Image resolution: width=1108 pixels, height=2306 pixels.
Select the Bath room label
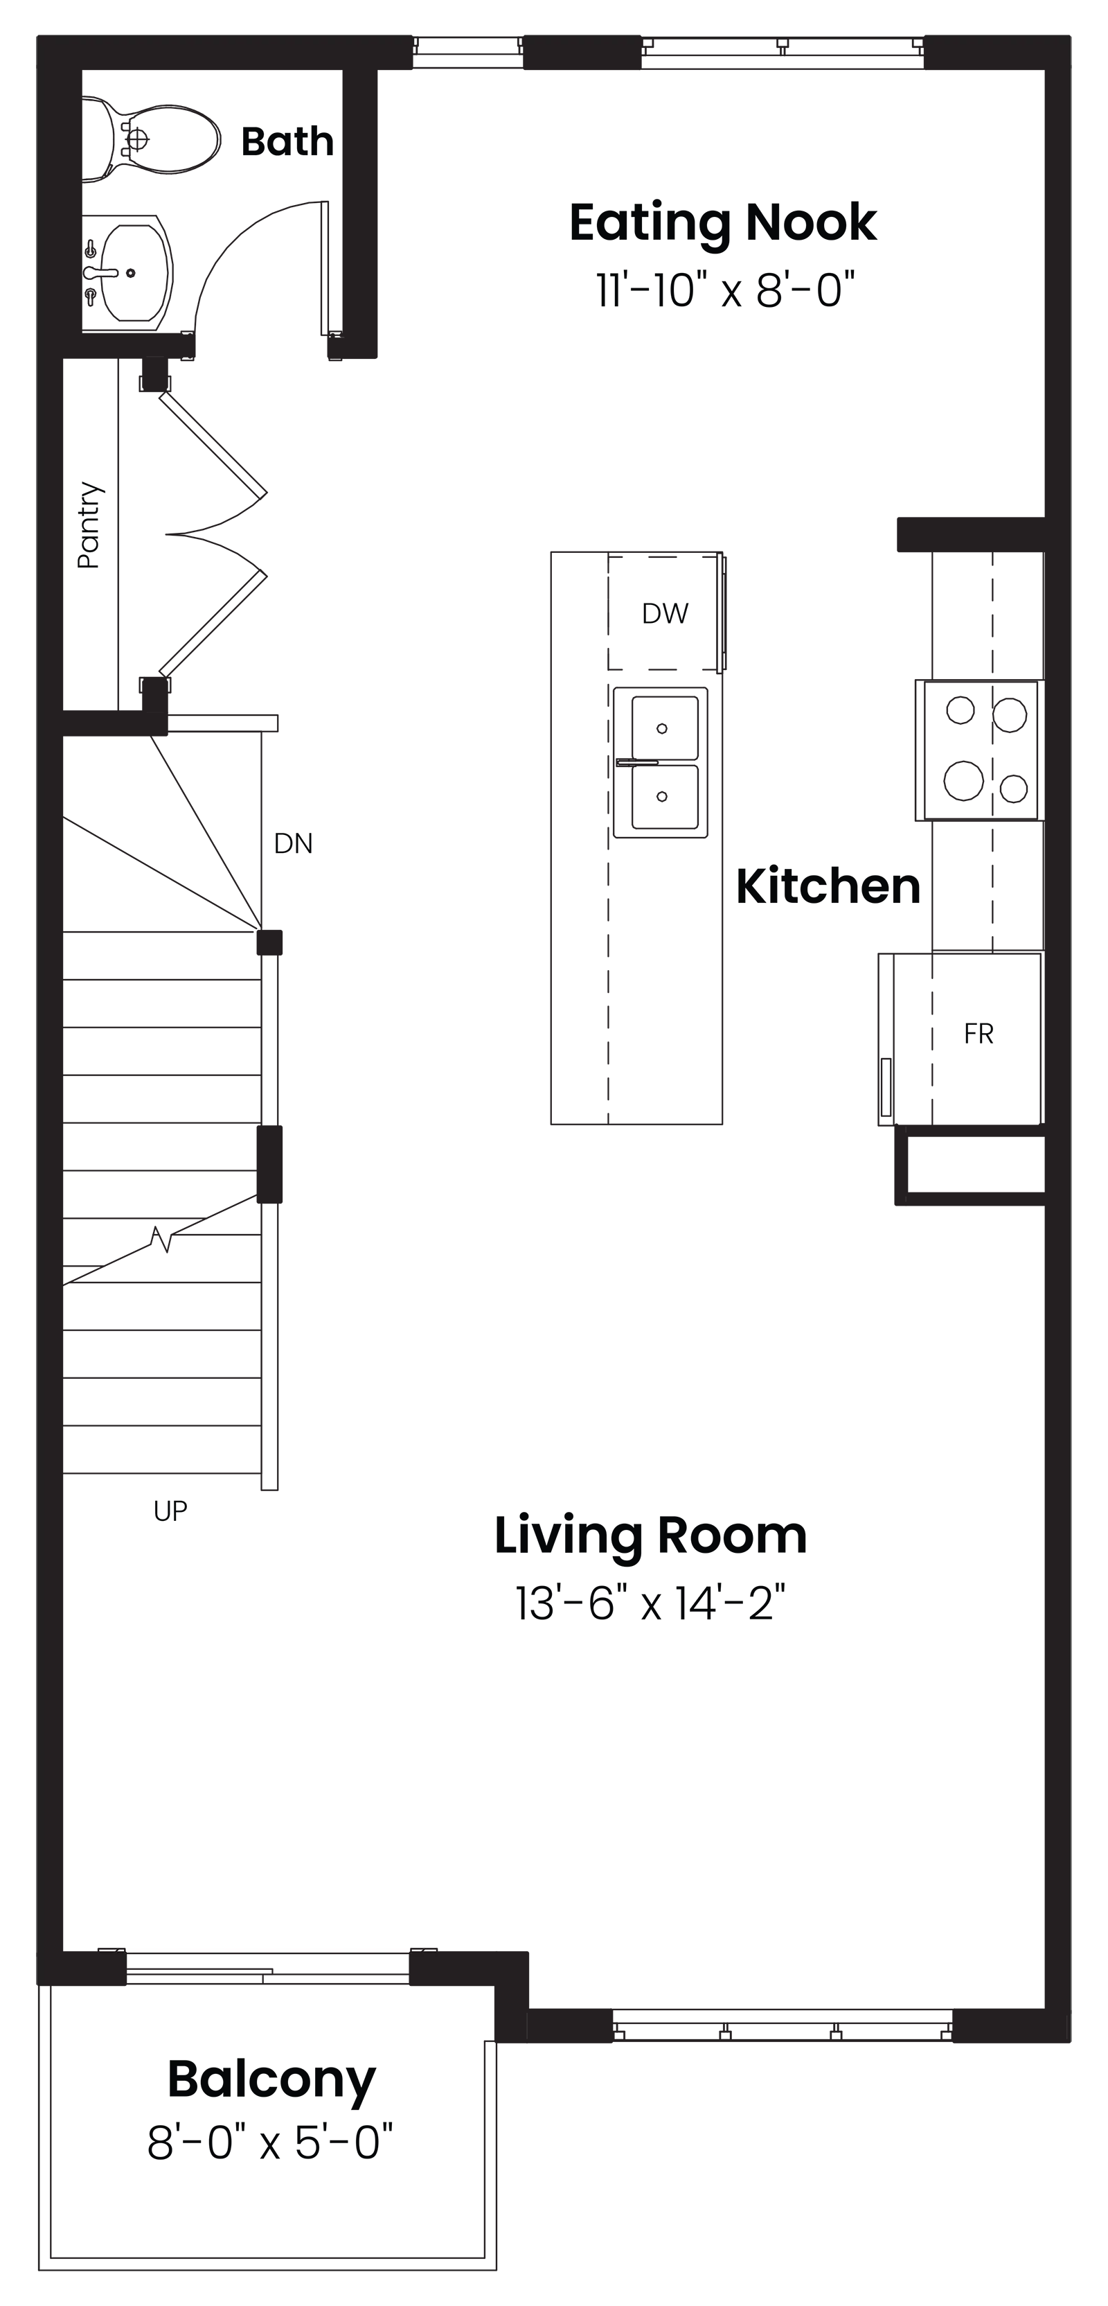(x=287, y=141)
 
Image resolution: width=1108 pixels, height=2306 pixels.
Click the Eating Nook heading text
(x=723, y=224)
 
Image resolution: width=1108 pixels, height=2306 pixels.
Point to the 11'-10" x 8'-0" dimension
(x=726, y=290)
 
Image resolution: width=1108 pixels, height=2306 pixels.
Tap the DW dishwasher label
(x=665, y=613)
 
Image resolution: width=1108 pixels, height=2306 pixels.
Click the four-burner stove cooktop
(x=979, y=750)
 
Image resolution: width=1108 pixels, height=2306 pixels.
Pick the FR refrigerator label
(x=979, y=1034)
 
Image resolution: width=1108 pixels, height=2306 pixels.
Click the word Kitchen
(x=828, y=886)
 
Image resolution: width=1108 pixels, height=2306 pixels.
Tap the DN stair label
(x=293, y=843)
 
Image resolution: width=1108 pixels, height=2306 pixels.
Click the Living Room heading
(x=651, y=1536)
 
